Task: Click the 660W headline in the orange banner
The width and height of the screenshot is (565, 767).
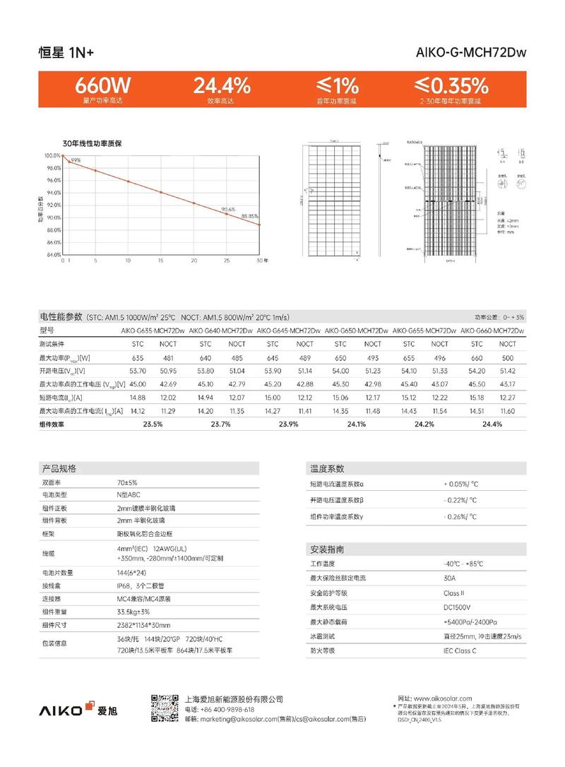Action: pos(103,86)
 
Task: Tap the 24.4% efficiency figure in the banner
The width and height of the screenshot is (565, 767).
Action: pos(221,86)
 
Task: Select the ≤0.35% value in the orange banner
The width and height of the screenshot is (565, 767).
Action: pos(451,86)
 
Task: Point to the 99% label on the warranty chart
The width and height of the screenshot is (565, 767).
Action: pos(76,160)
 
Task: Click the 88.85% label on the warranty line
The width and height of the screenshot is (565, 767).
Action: pos(250,216)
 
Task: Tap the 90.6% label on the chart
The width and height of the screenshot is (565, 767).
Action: pos(227,210)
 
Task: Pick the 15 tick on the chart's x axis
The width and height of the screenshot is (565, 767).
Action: pos(161,261)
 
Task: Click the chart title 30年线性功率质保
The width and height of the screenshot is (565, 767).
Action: pos(93,143)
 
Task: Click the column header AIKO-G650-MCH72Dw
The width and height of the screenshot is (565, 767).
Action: pos(357,331)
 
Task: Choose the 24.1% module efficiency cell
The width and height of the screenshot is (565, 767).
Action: pos(356,424)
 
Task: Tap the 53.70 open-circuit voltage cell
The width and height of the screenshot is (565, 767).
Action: pos(138,371)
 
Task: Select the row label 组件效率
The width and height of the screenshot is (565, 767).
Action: pos(52,424)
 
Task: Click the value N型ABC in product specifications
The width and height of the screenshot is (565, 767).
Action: pos(129,495)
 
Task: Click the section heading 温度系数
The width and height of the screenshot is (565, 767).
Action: pos(327,468)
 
